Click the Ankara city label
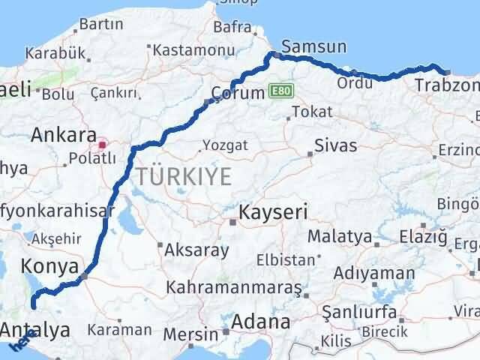63,136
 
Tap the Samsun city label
315,46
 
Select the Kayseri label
273,212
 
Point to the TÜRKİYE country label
183,176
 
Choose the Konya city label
51,266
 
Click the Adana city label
261,322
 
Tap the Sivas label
335,145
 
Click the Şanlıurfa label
355,310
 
